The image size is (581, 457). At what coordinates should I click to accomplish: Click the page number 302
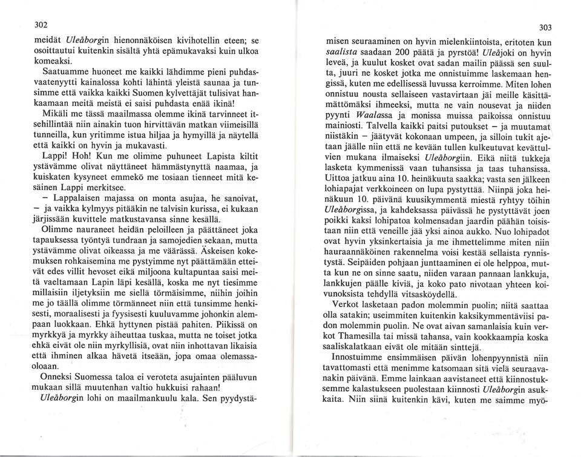[41, 24]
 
